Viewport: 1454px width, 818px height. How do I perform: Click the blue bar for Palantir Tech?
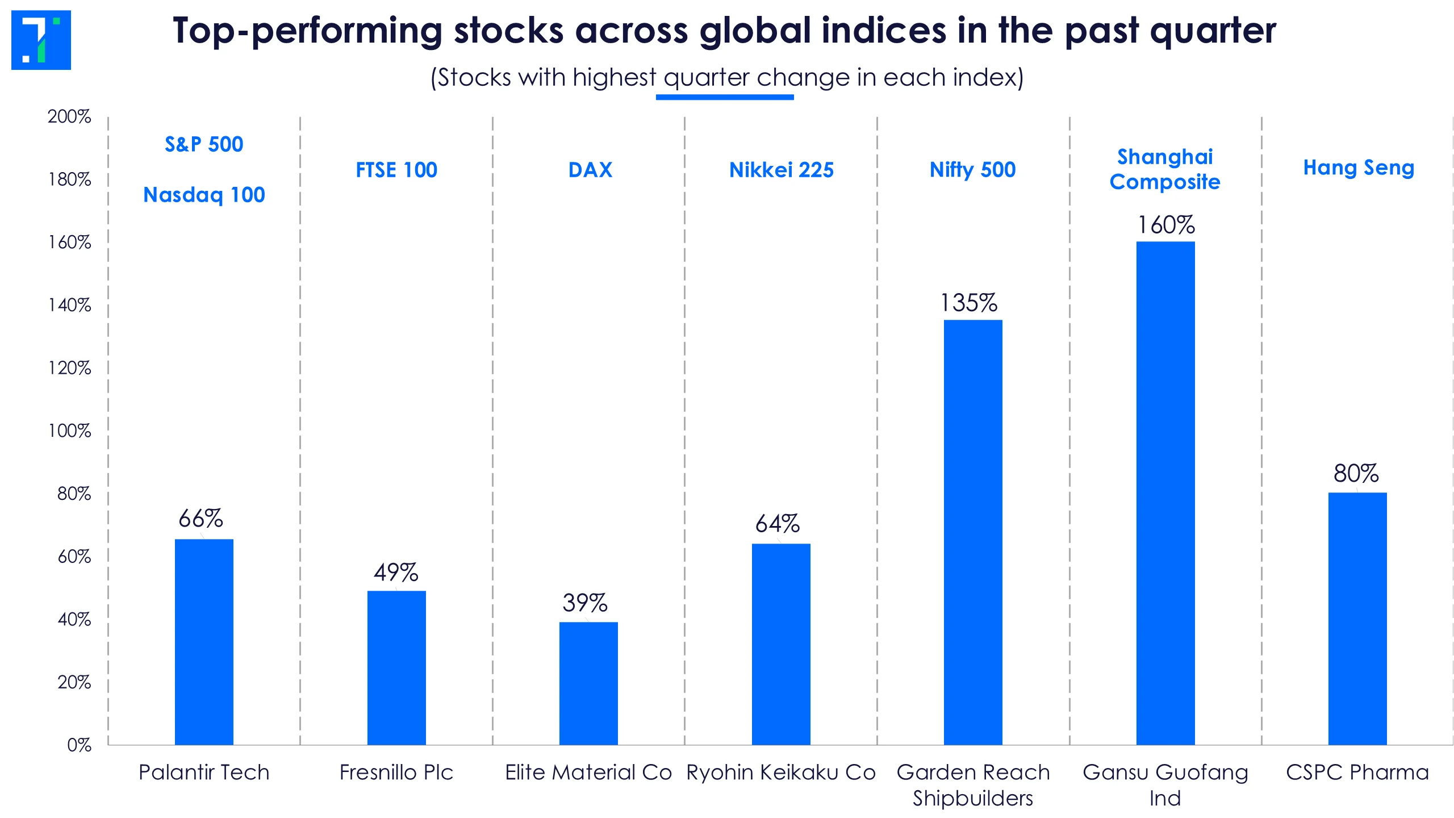click(x=204, y=642)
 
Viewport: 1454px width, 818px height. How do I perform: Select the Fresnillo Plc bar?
click(x=396, y=667)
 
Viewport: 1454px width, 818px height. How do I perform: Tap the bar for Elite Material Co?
click(x=588, y=683)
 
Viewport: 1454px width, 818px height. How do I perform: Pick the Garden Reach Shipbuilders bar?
click(x=973, y=532)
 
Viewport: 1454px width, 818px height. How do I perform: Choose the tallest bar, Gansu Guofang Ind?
click(x=1165, y=493)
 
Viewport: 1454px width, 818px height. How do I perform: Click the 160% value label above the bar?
click(x=1166, y=225)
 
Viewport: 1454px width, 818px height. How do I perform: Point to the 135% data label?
click(x=969, y=303)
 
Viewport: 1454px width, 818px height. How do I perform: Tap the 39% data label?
click(x=585, y=603)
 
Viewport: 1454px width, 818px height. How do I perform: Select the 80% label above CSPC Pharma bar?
click(x=1356, y=473)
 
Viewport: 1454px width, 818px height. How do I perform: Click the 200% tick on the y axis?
click(x=69, y=116)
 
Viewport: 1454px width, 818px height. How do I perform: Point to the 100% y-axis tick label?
click(x=69, y=431)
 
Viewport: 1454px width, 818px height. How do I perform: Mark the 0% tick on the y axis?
click(x=79, y=745)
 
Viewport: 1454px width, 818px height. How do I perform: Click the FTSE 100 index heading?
click(x=396, y=170)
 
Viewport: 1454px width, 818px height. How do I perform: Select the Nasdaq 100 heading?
click(x=204, y=195)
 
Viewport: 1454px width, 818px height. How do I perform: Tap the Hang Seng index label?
click(x=1359, y=168)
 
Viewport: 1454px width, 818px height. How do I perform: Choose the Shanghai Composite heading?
click(x=1165, y=169)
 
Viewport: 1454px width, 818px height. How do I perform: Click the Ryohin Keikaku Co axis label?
click(x=781, y=773)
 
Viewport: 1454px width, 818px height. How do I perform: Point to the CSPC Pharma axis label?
click(x=1357, y=773)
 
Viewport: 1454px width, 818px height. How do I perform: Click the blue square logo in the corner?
click(x=41, y=40)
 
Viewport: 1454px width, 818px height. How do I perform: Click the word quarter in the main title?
click(x=1213, y=31)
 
